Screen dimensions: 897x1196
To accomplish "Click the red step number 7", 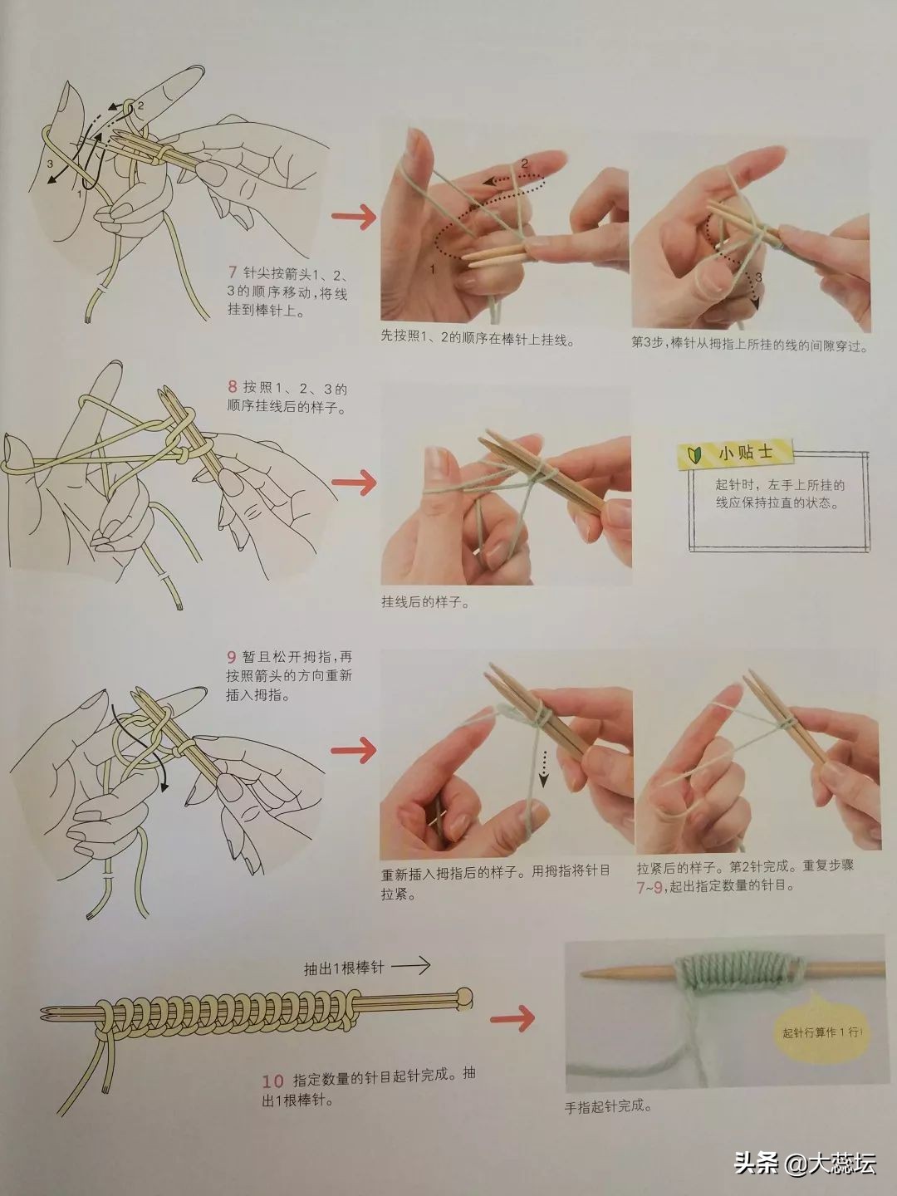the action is (233, 272).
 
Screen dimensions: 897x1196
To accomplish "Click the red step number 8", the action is (233, 386).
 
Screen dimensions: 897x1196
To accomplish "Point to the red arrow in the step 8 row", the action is (354, 482).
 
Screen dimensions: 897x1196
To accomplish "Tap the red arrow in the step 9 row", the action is (354, 749).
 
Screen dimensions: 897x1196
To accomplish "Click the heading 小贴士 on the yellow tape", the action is (746, 452).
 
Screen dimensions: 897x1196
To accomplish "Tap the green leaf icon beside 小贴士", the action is (695, 453).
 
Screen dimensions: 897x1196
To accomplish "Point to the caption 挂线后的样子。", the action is (425, 602).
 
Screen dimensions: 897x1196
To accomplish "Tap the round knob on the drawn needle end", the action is (465, 996).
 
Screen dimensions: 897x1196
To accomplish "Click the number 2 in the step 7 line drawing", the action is (140, 105).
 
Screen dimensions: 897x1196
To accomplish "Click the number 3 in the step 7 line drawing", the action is (50, 164).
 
